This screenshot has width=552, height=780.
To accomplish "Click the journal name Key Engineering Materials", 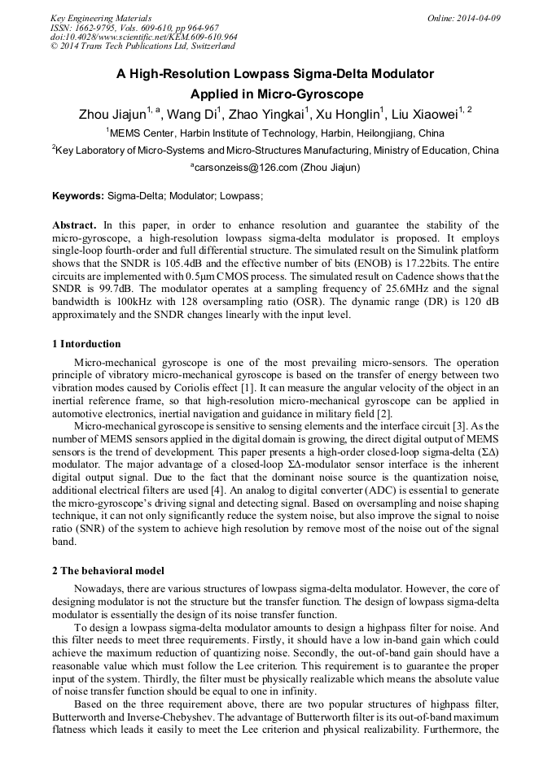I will click(x=101, y=18).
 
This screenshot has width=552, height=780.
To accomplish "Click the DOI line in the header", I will click(x=143, y=37).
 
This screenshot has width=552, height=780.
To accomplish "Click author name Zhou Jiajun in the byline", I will click(x=112, y=114).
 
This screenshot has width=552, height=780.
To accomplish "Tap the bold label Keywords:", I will click(x=78, y=196).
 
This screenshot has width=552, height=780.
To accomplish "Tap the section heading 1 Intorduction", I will click(x=86, y=344).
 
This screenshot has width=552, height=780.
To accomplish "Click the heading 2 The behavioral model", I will click(x=108, y=570).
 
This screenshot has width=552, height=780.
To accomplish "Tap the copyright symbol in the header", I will click(x=54, y=47).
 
